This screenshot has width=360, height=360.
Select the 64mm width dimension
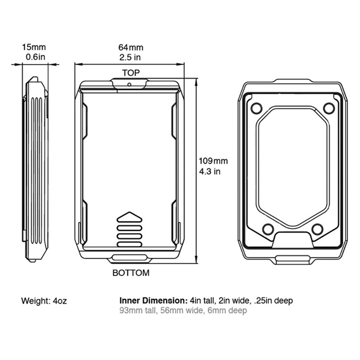[x=130, y=47]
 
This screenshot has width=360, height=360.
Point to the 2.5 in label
[x=130, y=57]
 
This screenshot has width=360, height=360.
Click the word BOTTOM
[x=131, y=273]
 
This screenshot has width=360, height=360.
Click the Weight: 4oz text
[x=44, y=301]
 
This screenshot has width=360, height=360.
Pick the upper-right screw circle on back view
[x=329, y=108]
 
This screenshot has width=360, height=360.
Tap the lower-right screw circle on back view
[x=318, y=229]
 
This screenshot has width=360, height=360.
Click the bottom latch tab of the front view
[x=130, y=259]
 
